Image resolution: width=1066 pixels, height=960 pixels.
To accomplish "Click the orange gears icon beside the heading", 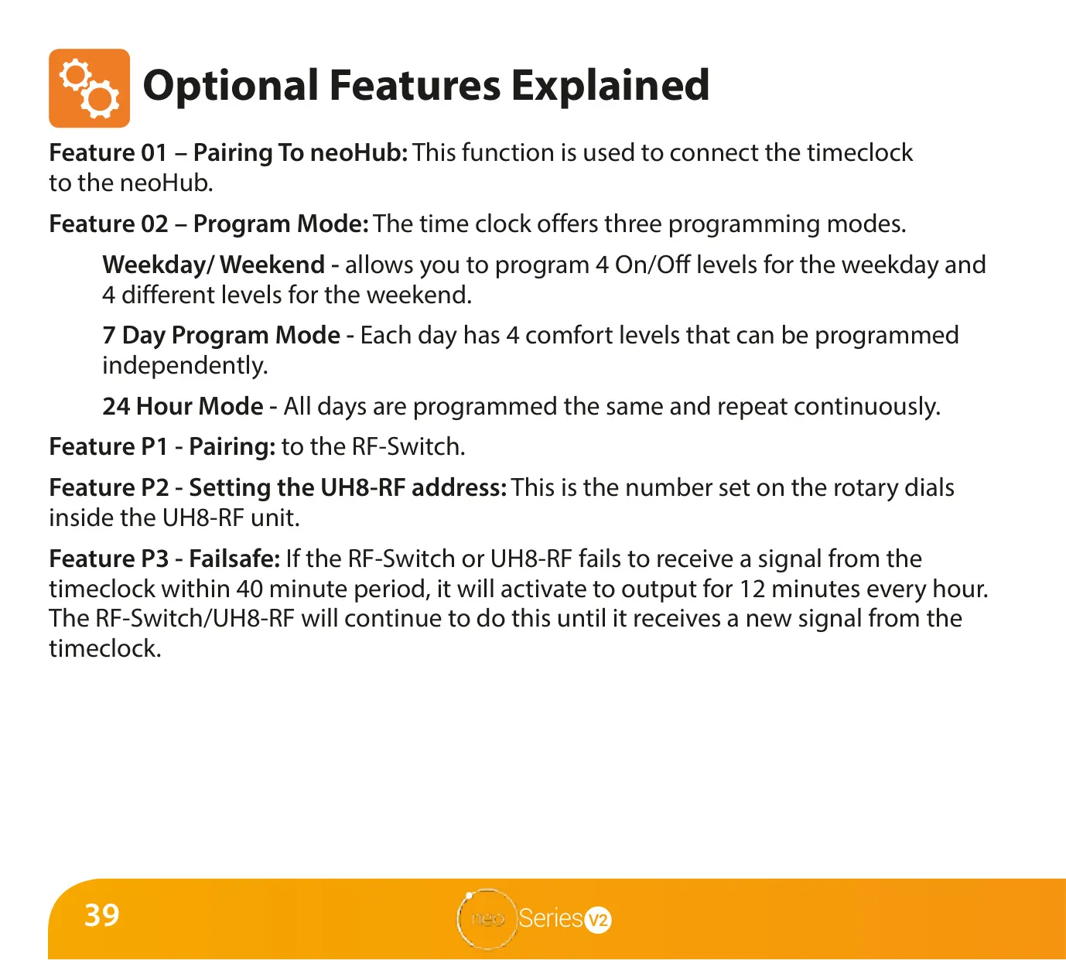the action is click(x=89, y=88).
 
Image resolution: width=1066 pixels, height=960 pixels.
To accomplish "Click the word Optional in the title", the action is click(x=231, y=86).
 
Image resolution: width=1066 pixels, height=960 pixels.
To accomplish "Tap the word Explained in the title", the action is click(x=610, y=86).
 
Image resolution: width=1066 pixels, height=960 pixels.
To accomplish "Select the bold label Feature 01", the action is click(x=108, y=152).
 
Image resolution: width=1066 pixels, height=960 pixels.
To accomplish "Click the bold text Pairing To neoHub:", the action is click(x=300, y=153).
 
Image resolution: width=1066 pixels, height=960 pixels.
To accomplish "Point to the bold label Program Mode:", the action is click(x=281, y=224).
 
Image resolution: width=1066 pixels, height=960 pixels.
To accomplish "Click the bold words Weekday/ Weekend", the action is click(x=214, y=265).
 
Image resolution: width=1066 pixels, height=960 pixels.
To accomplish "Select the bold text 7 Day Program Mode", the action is click(x=221, y=336).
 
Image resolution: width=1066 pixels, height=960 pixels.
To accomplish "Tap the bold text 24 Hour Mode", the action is click(x=183, y=406).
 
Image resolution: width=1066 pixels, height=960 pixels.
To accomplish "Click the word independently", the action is click(x=185, y=366).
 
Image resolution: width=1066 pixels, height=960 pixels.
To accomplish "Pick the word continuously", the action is click(x=867, y=407).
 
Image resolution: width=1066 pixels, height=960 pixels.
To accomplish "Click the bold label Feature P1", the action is click(x=108, y=446).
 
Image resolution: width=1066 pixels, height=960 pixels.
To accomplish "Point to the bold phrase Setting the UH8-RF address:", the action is click(x=348, y=487).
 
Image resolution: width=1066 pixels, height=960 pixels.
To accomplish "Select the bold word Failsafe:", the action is click(x=234, y=559).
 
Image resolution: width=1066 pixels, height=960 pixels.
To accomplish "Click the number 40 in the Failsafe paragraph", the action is click(x=249, y=589).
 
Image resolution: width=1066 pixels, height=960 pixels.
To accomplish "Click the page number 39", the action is click(x=102, y=915).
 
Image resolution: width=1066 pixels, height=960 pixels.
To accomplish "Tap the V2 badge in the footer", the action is click(x=598, y=920).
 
